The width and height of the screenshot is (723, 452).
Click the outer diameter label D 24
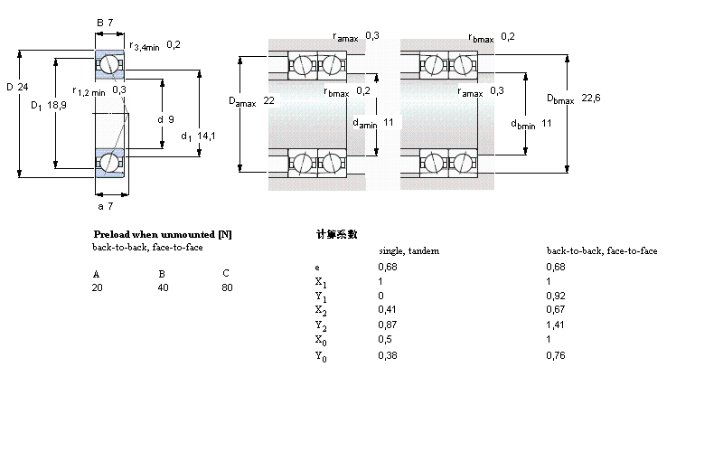click(19, 88)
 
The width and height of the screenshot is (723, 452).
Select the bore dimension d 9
click(164, 118)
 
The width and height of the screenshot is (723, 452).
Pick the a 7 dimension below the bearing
click(105, 207)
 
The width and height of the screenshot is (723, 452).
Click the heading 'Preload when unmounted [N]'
click(163, 234)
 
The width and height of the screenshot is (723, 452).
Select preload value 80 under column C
click(226, 287)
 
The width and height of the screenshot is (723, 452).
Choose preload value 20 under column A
click(97, 287)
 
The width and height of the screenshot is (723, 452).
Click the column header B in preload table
click(162, 272)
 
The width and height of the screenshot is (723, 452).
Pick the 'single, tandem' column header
click(408, 250)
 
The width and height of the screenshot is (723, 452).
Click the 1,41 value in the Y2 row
click(555, 324)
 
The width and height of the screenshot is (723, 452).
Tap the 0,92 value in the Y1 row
click(555, 295)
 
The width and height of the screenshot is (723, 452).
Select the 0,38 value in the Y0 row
click(387, 355)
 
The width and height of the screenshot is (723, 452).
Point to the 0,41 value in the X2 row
click(387, 309)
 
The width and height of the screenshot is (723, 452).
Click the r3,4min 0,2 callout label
click(155, 45)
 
